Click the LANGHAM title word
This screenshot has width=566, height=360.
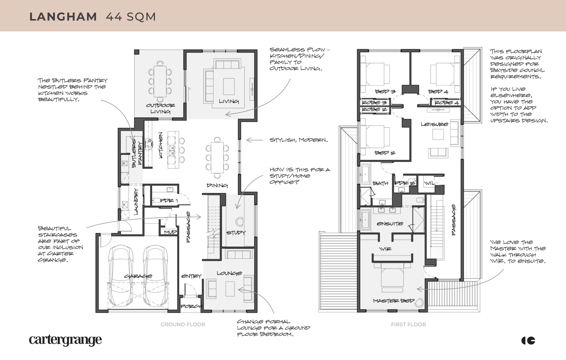[63, 17]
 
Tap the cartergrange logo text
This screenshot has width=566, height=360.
[65, 340]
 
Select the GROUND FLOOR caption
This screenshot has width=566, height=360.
[183, 324]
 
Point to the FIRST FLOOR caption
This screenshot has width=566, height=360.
[408, 324]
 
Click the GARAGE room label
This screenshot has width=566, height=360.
[138, 276]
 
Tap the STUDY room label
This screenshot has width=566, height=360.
[236, 233]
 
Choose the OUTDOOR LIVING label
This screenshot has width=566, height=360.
[160, 108]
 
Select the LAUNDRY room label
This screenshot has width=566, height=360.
[136, 201]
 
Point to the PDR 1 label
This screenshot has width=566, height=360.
[169, 201]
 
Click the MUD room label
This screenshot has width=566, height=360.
[170, 232]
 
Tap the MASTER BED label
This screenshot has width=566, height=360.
[394, 301]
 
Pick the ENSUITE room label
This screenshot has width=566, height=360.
[390, 223]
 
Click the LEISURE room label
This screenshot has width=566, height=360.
[434, 124]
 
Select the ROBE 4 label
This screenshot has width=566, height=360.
[447, 103]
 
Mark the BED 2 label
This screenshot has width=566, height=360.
[385, 153]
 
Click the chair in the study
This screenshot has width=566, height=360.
[240, 221]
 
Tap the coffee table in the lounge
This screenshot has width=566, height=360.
[230, 289]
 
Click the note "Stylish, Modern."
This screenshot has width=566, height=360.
[299, 140]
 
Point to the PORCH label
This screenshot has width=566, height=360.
[191, 306]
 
